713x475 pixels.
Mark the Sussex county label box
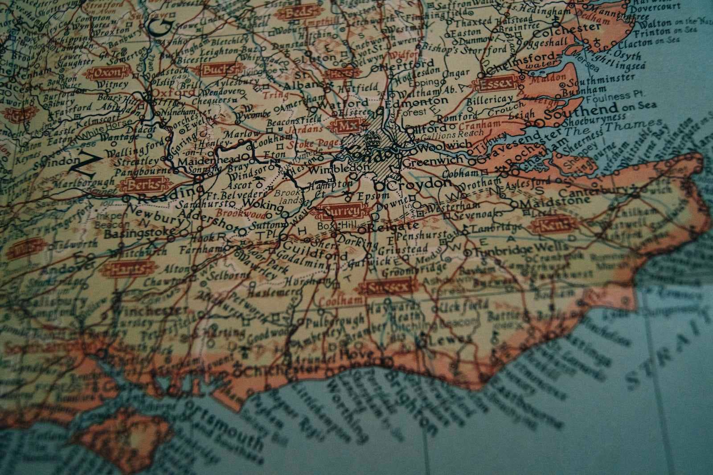coord(389,287)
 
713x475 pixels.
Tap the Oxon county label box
coord(107,73)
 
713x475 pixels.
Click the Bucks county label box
coord(218,70)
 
